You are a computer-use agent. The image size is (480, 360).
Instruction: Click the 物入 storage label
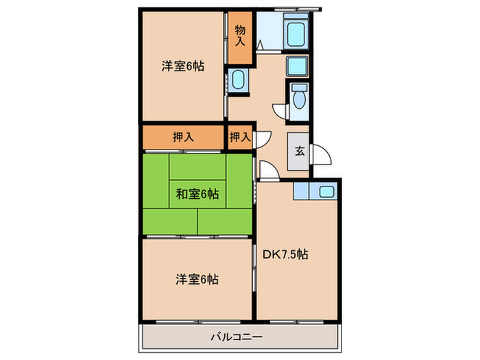[240, 35]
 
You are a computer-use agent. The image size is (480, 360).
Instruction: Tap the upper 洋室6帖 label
[183, 67]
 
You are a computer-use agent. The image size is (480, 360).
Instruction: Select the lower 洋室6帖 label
[197, 279]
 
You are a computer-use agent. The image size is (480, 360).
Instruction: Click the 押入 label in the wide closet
[183, 137]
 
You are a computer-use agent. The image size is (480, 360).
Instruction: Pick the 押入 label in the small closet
[239, 137]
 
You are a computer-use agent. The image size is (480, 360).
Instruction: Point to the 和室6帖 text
[197, 194]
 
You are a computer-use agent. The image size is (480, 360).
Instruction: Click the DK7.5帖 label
[285, 254]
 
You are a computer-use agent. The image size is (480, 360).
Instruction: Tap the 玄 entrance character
[300, 152]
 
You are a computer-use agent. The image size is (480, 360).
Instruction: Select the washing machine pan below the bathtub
[299, 66]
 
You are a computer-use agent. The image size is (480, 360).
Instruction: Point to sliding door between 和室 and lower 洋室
[197, 236]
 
